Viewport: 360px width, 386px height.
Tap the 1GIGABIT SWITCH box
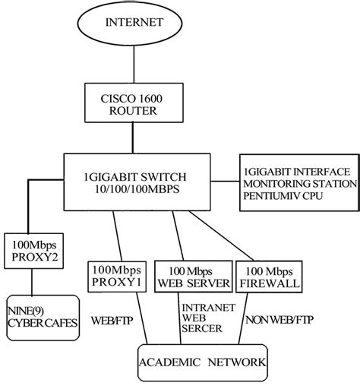click(x=139, y=183)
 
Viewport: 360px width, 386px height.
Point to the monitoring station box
click(x=296, y=182)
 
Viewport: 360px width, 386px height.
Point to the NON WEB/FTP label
click(x=276, y=320)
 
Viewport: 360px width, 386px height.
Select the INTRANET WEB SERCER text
click(x=201, y=318)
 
